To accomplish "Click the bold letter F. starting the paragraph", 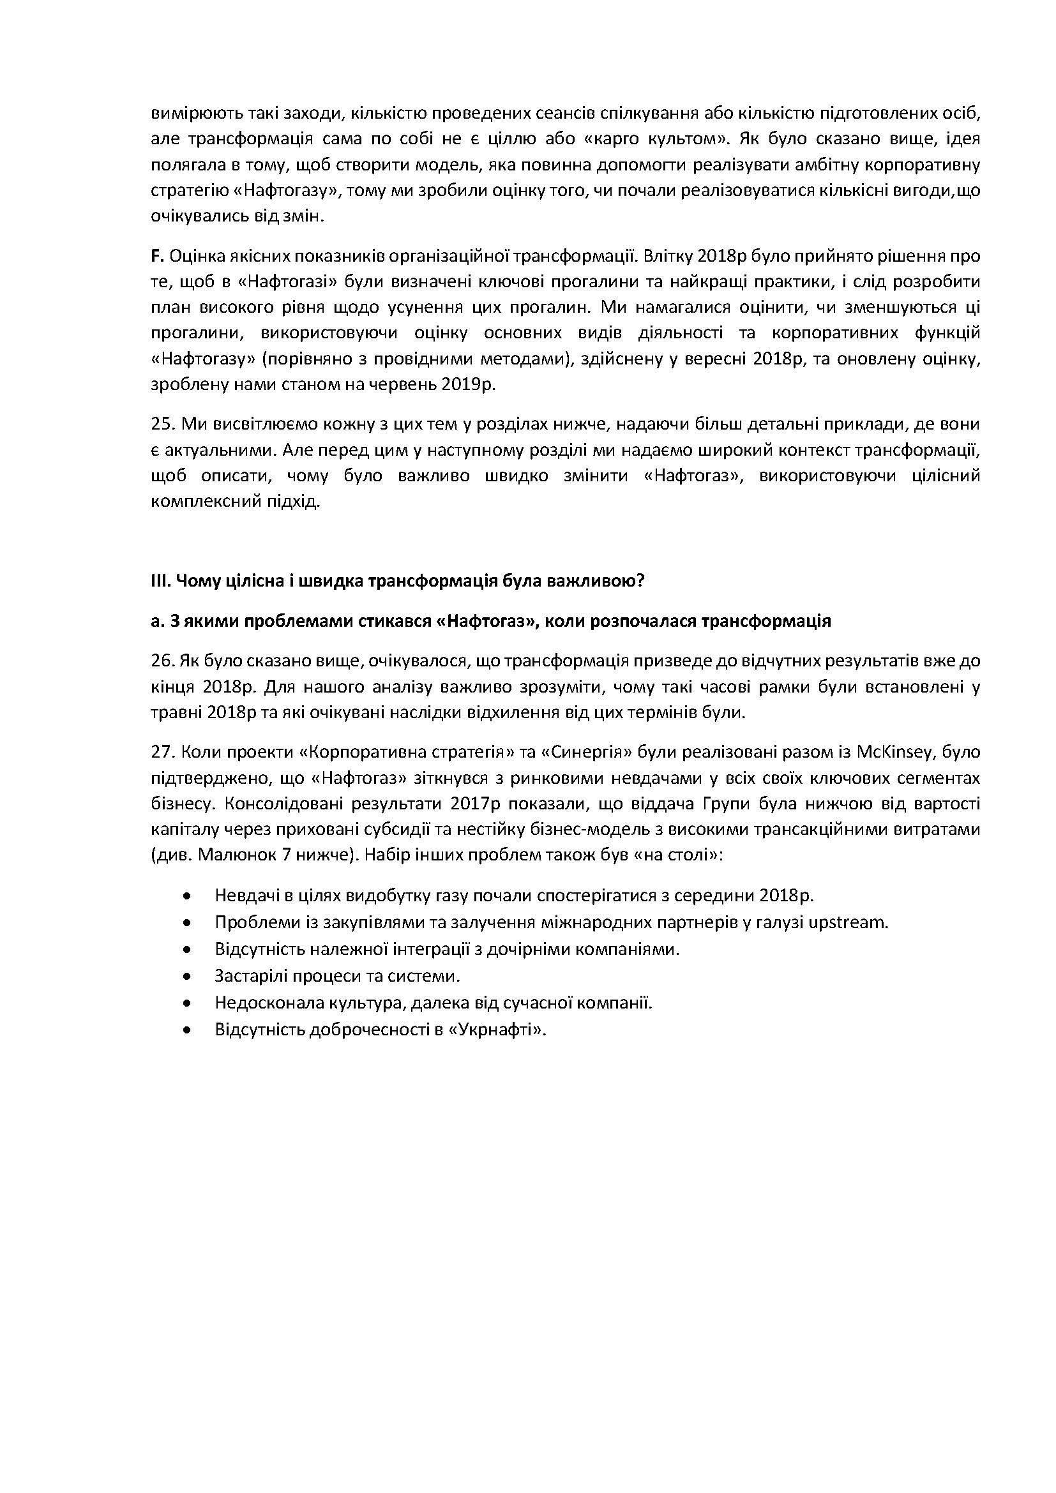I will coord(156,256).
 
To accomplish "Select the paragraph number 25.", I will coord(161,424).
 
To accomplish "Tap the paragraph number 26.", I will coord(161,661).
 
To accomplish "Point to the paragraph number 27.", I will coord(161,753).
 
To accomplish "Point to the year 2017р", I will coord(474,804).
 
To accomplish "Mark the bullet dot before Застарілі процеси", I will coord(188,976).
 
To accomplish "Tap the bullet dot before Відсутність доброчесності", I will coord(188,1030).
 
